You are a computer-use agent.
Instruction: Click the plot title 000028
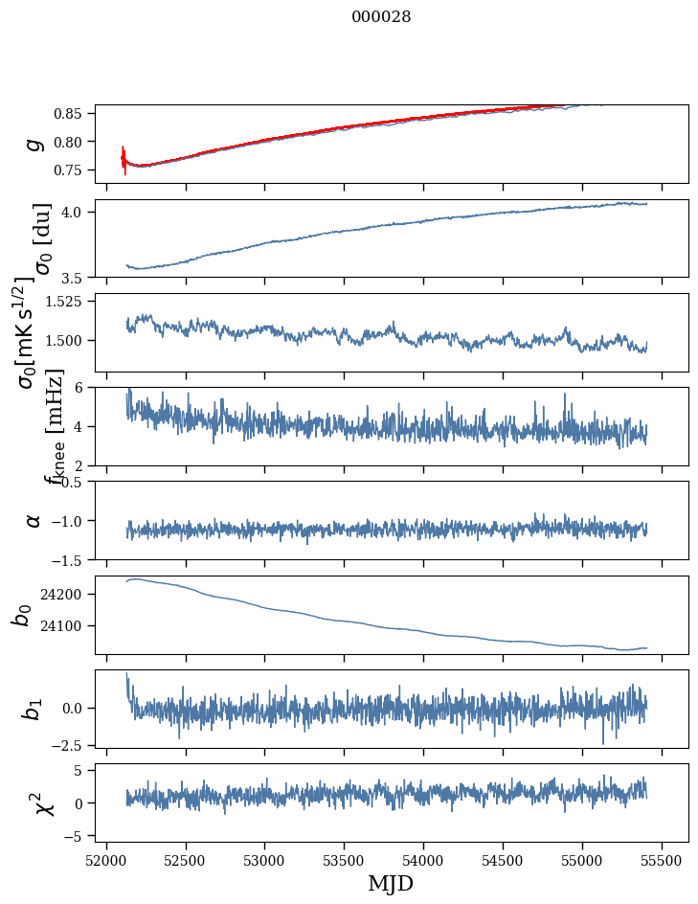coord(381,17)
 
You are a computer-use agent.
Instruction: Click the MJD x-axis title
coord(391,883)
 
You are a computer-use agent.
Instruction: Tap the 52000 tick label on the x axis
coord(106,858)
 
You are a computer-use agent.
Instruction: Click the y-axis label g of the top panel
coord(34,144)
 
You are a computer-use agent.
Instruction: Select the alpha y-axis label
coord(34,520)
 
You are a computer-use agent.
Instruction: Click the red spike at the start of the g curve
coord(124,159)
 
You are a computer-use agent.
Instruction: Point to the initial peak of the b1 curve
coord(126,675)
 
